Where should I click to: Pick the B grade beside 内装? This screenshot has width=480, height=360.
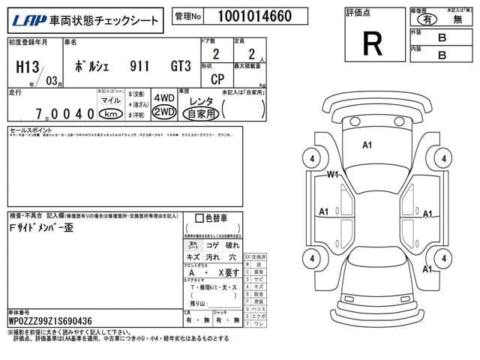[442, 54]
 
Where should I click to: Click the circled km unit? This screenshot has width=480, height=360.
[111, 113]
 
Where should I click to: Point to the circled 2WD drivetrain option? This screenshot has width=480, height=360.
[163, 112]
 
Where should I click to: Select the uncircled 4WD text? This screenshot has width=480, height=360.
[163, 98]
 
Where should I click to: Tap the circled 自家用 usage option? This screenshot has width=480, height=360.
[200, 113]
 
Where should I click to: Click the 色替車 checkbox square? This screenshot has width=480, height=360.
[199, 218]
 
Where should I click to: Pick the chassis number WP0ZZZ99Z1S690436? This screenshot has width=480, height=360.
[50, 320]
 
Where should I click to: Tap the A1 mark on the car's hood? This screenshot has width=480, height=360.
[367, 145]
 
